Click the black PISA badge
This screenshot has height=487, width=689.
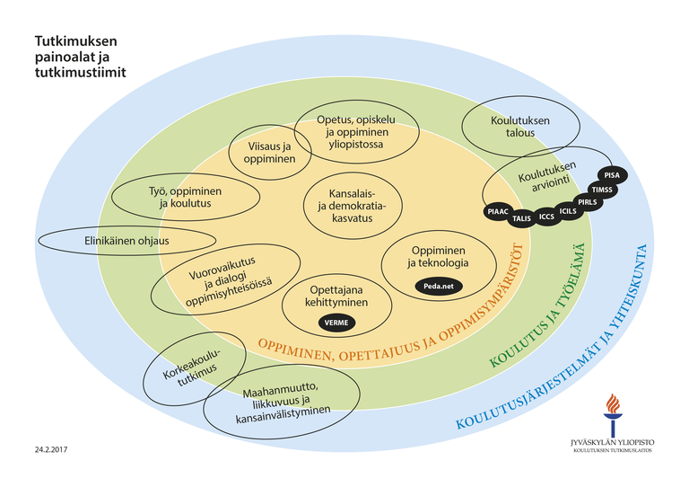pyautogui.click(x=612, y=175)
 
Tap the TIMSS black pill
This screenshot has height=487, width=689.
pyautogui.click(x=602, y=190)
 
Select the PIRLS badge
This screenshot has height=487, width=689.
pyautogui.click(x=588, y=202)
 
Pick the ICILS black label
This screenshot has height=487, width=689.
pyautogui.click(x=568, y=211)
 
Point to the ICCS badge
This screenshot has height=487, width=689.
pyautogui.click(x=546, y=217)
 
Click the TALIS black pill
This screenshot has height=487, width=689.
pyautogui.click(x=521, y=218)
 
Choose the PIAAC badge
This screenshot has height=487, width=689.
pyautogui.click(x=498, y=212)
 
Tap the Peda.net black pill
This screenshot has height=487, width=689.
pyautogui.click(x=439, y=286)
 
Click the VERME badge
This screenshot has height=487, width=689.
pyautogui.click(x=336, y=323)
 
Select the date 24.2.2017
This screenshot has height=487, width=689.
pyautogui.click(x=51, y=449)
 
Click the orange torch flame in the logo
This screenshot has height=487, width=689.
pyautogui.click(x=613, y=403)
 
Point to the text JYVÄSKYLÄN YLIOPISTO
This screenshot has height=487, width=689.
pyautogui.click(x=613, y=443)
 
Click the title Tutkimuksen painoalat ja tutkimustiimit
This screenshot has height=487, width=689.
pyautogui.click(x=80, y=57)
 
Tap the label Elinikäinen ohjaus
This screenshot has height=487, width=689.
pyautogui.click(x=126, y=241)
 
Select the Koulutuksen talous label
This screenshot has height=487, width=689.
pyautogui.click(x=520, y=127)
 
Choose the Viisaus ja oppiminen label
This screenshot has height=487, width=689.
pyautogui.click(x=269, y=153)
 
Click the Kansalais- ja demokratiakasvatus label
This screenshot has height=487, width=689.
pyautogui.click(x=352, y=206)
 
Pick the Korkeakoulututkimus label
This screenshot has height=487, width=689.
pyautogui.click(x=191, y=367)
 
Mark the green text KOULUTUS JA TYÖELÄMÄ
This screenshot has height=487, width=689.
pyautogui.click(x=538, y=305)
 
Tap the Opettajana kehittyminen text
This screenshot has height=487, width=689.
pyautogui.click(x=336, y=297)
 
